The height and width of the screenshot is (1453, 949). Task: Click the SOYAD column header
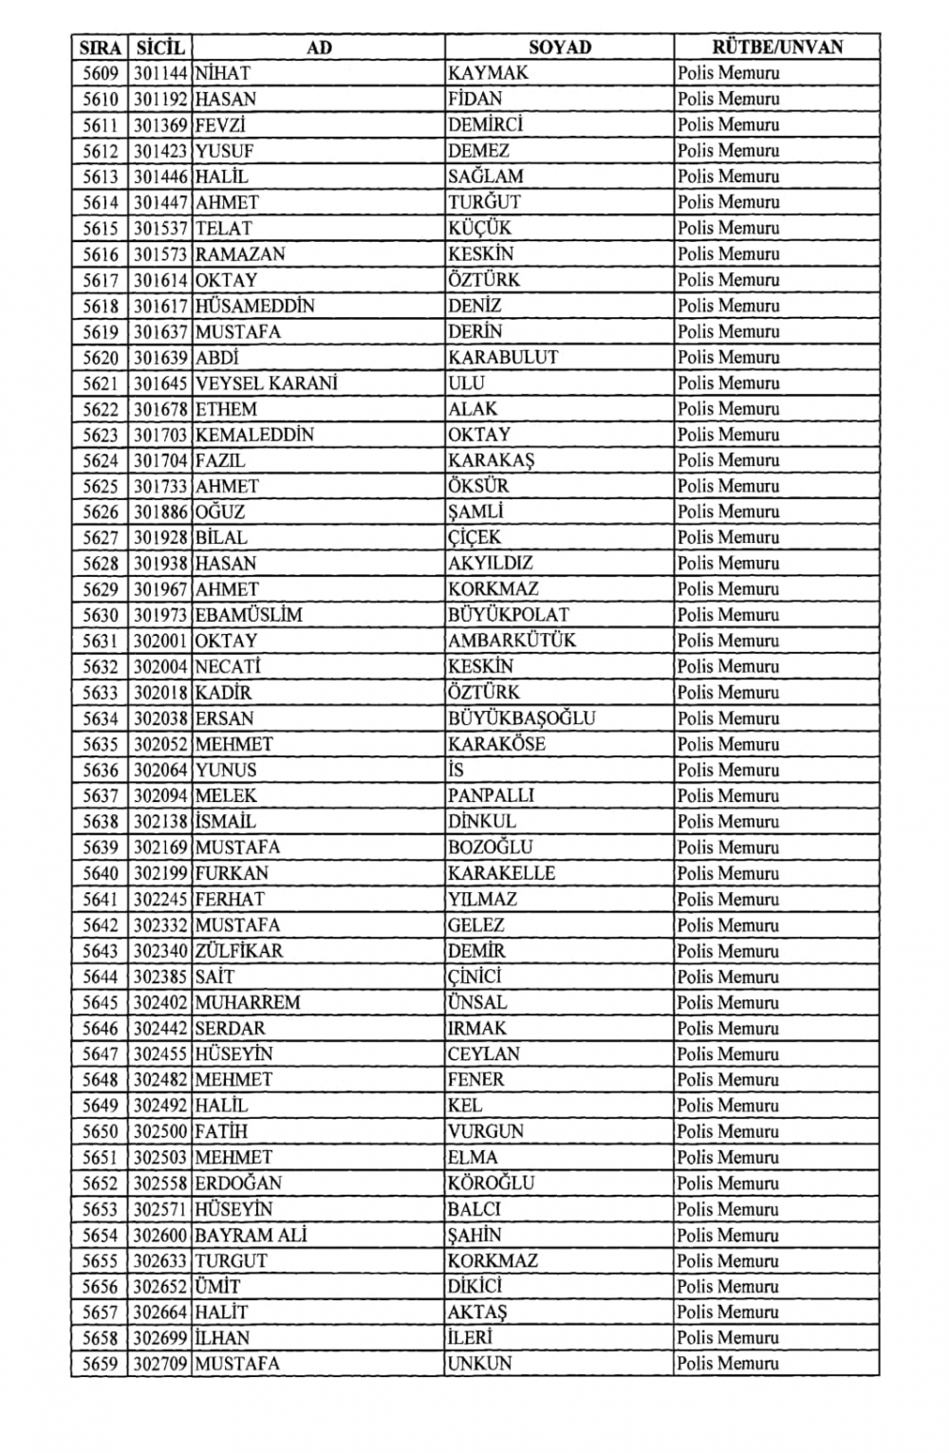559,47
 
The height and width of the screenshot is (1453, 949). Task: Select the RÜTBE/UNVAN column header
776,47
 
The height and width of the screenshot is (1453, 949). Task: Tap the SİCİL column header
159,47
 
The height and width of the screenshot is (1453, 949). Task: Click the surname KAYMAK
489,73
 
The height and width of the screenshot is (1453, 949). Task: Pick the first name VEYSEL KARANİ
266,383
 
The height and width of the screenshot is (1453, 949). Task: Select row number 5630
100,615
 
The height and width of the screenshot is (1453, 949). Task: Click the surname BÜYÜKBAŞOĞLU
522,718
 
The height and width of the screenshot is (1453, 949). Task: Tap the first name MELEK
226,796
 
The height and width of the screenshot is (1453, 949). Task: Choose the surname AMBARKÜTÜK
512,641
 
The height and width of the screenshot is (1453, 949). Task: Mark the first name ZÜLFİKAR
238,951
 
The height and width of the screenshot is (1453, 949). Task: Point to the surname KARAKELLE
502,873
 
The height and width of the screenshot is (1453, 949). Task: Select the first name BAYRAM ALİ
251,1235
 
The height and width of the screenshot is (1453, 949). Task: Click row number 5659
100,1364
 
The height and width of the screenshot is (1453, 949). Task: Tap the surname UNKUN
479,1364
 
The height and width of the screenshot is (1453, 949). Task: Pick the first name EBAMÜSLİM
249,615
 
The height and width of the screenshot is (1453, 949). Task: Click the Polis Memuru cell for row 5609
729,73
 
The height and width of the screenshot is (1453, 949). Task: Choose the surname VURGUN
486,1131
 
